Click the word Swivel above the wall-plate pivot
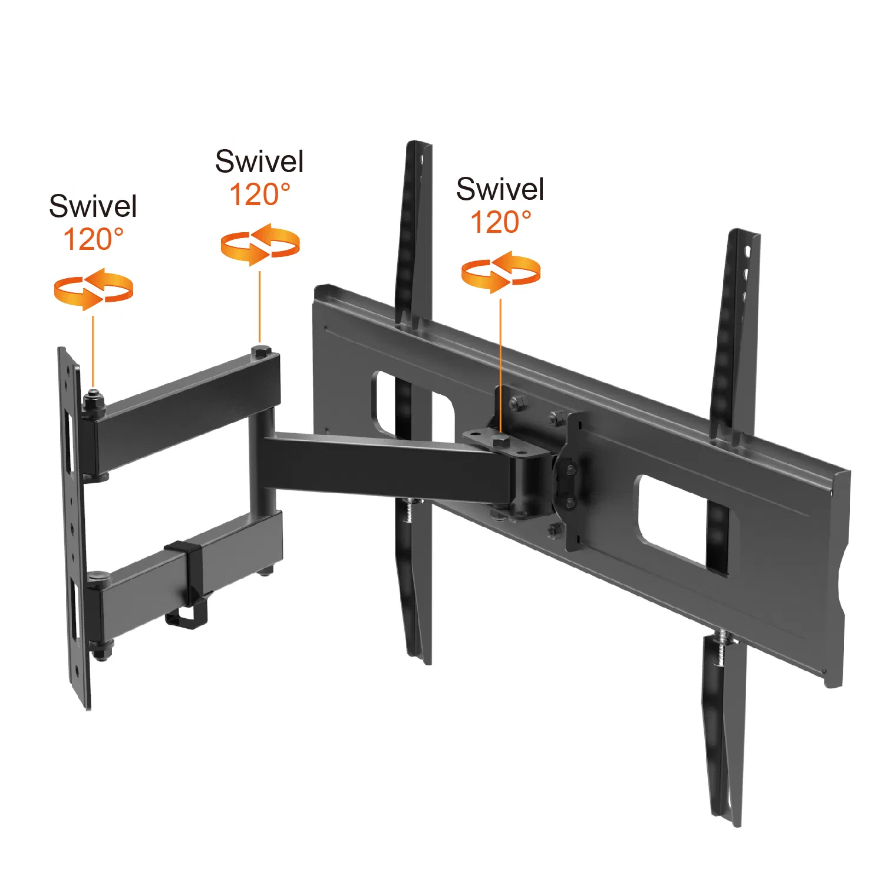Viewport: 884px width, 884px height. [93, 206]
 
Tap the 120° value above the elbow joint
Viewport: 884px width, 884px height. [259, 194]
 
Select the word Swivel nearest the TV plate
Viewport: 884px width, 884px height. [500, 189]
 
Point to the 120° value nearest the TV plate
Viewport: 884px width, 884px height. [500, 222]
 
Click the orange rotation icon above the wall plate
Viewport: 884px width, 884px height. [93, 289]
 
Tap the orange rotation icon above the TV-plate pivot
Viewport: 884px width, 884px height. [500, 272]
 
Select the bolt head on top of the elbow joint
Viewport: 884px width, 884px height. [260, 352]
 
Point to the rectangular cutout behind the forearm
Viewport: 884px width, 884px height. [413, 407]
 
